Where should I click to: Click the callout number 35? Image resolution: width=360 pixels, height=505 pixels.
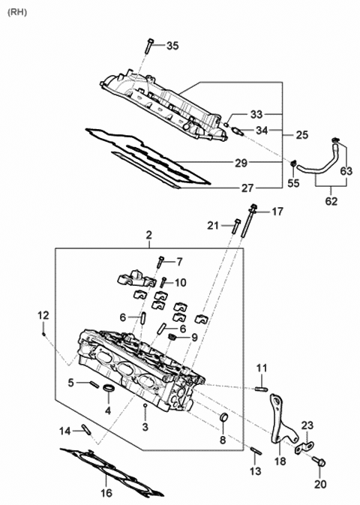point(172,47)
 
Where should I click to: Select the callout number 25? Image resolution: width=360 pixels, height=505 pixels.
point(301,135)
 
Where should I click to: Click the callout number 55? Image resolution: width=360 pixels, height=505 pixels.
point(294,182)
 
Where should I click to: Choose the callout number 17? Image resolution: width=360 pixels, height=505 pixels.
point(277,212)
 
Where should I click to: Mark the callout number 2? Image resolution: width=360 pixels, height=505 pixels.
point(148,235)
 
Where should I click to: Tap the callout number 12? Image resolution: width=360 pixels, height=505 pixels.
point(43,314)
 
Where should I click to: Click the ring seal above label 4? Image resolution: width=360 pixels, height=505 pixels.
point(109,389)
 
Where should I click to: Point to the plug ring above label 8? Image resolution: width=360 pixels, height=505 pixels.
point(223,417)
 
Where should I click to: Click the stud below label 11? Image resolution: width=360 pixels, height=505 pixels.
point(261,387)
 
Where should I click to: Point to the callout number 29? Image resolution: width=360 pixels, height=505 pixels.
point(240,163)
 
